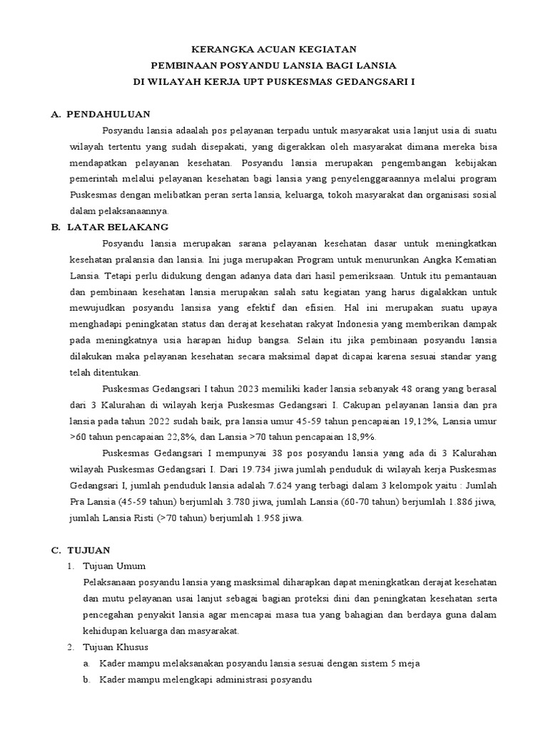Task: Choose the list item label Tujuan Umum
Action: pyautogui.click(x=115, y=566)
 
